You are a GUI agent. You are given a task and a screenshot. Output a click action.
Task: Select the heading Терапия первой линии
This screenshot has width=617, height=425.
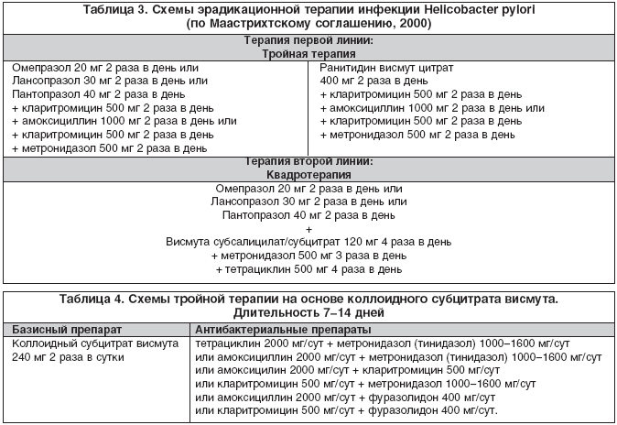pos(308,41)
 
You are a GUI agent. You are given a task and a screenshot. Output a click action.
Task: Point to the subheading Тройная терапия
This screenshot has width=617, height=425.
pos(308,54)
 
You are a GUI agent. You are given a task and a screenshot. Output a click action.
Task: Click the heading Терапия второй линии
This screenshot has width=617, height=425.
pos(308,161)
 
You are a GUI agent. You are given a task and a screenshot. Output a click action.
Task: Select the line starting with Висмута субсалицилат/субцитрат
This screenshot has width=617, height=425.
pos(308,242)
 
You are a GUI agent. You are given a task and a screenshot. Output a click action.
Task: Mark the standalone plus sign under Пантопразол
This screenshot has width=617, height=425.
pos(308,228)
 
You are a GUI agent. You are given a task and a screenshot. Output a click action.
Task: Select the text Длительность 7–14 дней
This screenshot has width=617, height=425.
pos(308,312)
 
